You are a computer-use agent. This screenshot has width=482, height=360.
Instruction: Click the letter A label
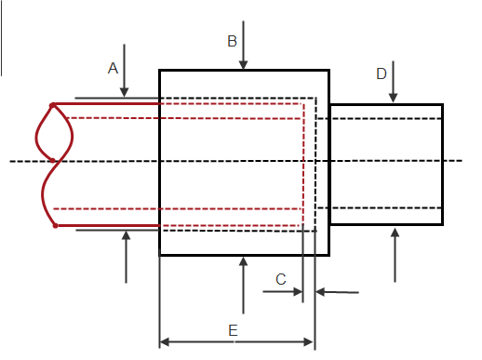(113, 68)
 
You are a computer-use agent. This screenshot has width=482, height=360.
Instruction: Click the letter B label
(232, 41)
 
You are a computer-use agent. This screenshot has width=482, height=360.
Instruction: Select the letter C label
(281, 279)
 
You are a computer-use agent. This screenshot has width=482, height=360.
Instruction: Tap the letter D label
(382, 73)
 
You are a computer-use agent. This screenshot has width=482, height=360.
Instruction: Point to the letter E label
(233, 330)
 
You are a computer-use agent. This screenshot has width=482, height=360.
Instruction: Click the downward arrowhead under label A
(125, 92)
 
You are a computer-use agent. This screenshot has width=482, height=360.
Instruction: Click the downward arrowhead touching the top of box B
(244, 65)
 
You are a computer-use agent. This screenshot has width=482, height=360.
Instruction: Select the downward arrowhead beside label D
(393, 98)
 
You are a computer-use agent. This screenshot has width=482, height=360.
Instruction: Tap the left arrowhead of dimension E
(165, 342)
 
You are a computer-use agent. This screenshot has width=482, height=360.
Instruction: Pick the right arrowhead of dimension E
(309, 342)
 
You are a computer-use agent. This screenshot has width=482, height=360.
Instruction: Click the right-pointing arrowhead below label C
(298, 291)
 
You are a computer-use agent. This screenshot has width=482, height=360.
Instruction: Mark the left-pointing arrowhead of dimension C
(320, 292)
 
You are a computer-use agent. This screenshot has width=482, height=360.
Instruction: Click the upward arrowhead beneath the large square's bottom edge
(244, 261)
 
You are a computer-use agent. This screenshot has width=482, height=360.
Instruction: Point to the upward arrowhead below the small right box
(395, 233)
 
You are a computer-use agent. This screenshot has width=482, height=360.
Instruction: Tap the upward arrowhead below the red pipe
(126, 235)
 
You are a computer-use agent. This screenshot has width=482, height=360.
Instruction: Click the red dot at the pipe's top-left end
(53, 106)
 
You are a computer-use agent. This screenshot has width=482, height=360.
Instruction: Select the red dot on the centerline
(53, 160)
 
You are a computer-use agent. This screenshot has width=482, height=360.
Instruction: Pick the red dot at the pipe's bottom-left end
(55, 226)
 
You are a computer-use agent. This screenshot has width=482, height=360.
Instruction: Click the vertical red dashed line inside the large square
(303, 165)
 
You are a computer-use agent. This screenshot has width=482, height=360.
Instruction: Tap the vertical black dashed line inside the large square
(315, 165)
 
